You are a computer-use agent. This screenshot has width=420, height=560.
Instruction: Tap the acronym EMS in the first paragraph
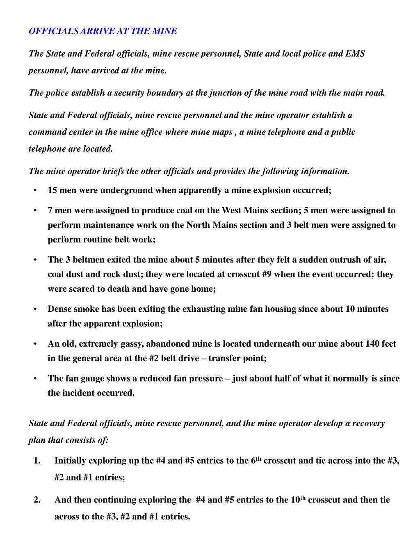[x=355, y=54]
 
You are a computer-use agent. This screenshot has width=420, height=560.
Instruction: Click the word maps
[x=221, y=132]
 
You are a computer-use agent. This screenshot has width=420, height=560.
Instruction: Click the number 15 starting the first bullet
[x=52, y=190]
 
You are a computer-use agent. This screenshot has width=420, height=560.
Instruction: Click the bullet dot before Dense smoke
[x=36, y=309]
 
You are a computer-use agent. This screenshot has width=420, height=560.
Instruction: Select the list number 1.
[x=37, y=461]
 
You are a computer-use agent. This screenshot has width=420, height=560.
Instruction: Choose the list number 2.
[x=37, y=500]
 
